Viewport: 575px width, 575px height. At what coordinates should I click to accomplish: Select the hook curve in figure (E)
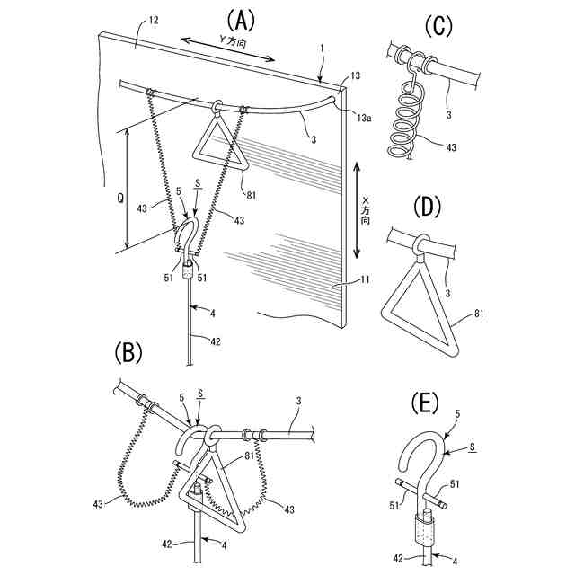[421, 454]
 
